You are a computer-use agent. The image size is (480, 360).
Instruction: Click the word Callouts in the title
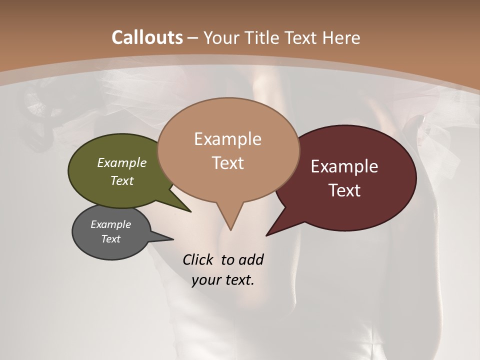147,37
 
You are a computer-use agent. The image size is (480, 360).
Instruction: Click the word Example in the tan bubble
227,139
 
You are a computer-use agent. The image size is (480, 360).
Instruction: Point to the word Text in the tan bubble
228,163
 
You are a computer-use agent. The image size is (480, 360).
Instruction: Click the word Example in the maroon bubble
344,166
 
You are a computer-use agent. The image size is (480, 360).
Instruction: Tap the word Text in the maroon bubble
345,190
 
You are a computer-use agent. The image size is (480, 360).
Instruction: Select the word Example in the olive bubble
122,162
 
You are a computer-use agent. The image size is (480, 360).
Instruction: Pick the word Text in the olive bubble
122,180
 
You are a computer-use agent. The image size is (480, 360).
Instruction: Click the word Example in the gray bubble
110,224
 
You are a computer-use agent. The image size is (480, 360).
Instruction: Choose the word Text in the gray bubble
111,239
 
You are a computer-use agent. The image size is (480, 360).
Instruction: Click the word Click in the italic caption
198,259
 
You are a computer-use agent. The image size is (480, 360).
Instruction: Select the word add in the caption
251,259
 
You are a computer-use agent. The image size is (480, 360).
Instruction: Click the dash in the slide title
192,38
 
